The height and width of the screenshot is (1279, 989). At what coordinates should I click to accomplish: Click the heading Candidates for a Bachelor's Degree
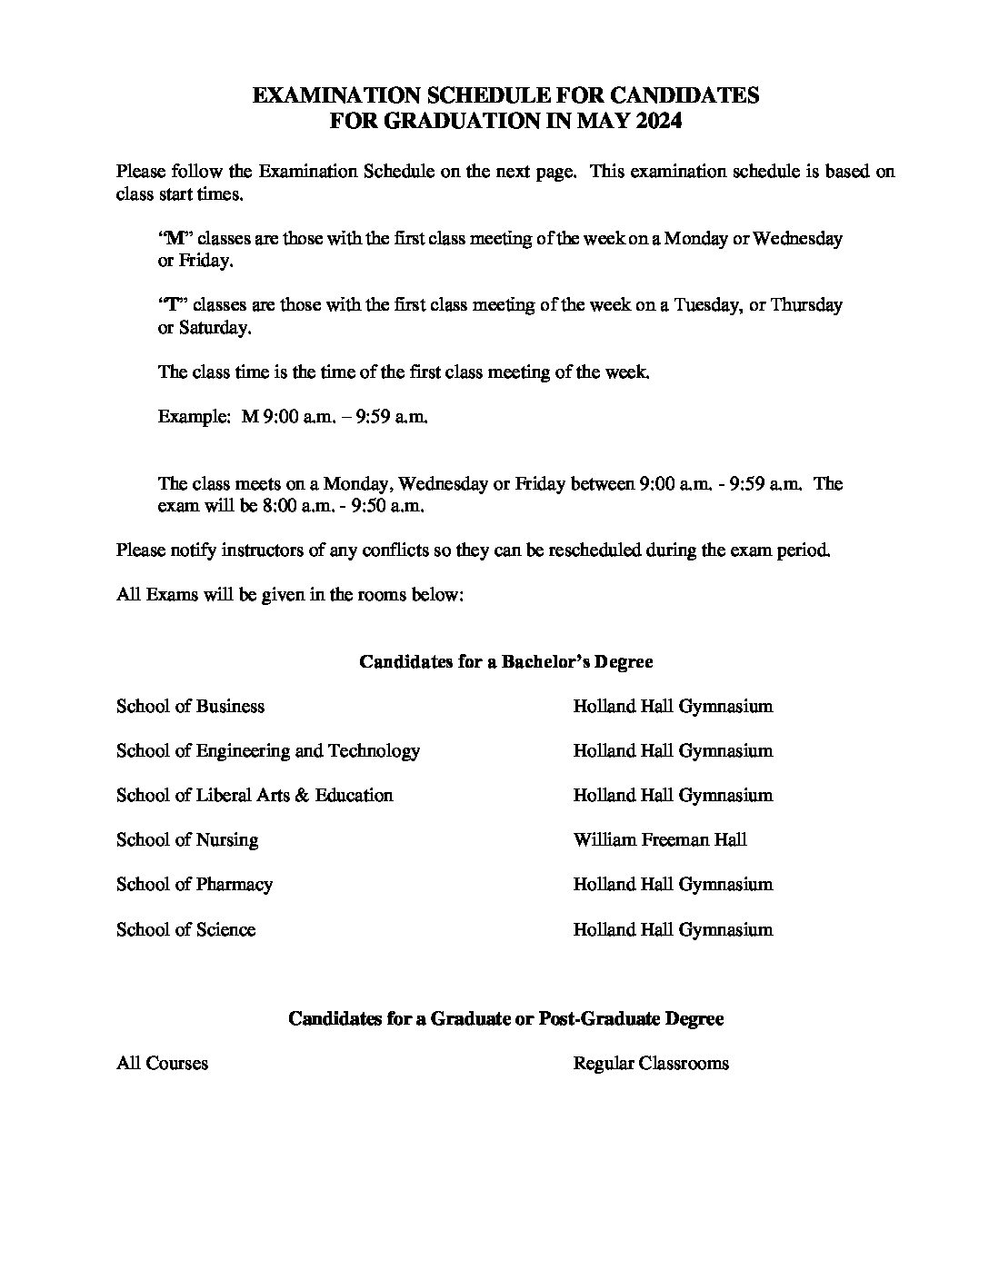coord(505,661)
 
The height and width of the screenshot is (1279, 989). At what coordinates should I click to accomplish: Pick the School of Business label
coord(190,706)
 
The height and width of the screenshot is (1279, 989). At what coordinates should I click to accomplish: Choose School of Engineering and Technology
coord(267,750)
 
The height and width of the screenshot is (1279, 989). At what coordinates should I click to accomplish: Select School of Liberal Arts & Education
coord(255,795)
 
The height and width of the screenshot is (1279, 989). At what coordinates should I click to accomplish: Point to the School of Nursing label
coord(186,839)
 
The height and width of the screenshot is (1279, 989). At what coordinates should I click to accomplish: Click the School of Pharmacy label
coord(194,884)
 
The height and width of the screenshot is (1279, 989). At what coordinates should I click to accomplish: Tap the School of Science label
coord(185,929)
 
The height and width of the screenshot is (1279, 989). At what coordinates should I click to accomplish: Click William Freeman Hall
coord(659,839)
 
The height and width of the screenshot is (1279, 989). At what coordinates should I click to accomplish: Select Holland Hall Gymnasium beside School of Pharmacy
coord(673,884)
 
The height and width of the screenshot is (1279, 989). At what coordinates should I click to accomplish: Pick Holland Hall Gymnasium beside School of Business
coord(673,706)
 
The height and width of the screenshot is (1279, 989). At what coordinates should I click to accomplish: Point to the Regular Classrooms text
coord(650,1063)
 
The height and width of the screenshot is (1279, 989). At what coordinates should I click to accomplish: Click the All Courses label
coord(162,1063)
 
